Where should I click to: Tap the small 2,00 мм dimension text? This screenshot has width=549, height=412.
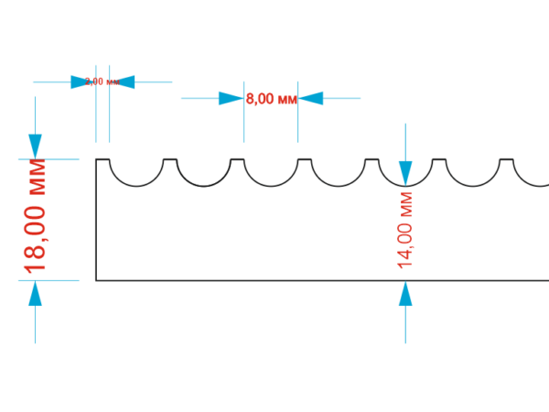102,81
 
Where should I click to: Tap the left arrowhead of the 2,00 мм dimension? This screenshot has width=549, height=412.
84,81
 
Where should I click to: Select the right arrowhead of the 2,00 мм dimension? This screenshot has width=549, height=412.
122,81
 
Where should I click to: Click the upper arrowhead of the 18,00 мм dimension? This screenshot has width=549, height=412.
36,146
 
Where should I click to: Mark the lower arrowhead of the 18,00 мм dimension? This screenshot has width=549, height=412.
36,293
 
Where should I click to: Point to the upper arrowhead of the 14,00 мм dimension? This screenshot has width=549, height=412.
406,172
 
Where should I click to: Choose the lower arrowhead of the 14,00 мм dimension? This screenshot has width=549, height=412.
406,293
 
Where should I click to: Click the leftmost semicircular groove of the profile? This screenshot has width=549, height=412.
136,176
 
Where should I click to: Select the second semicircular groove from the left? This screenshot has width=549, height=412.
203,176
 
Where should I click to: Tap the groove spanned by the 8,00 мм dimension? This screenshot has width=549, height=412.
271,176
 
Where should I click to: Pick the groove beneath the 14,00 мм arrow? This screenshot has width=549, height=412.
405,178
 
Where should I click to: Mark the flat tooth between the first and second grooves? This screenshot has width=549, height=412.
169,160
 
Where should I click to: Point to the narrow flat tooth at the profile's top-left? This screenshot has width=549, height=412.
102,160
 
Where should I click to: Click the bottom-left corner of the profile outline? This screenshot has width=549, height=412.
96,280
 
